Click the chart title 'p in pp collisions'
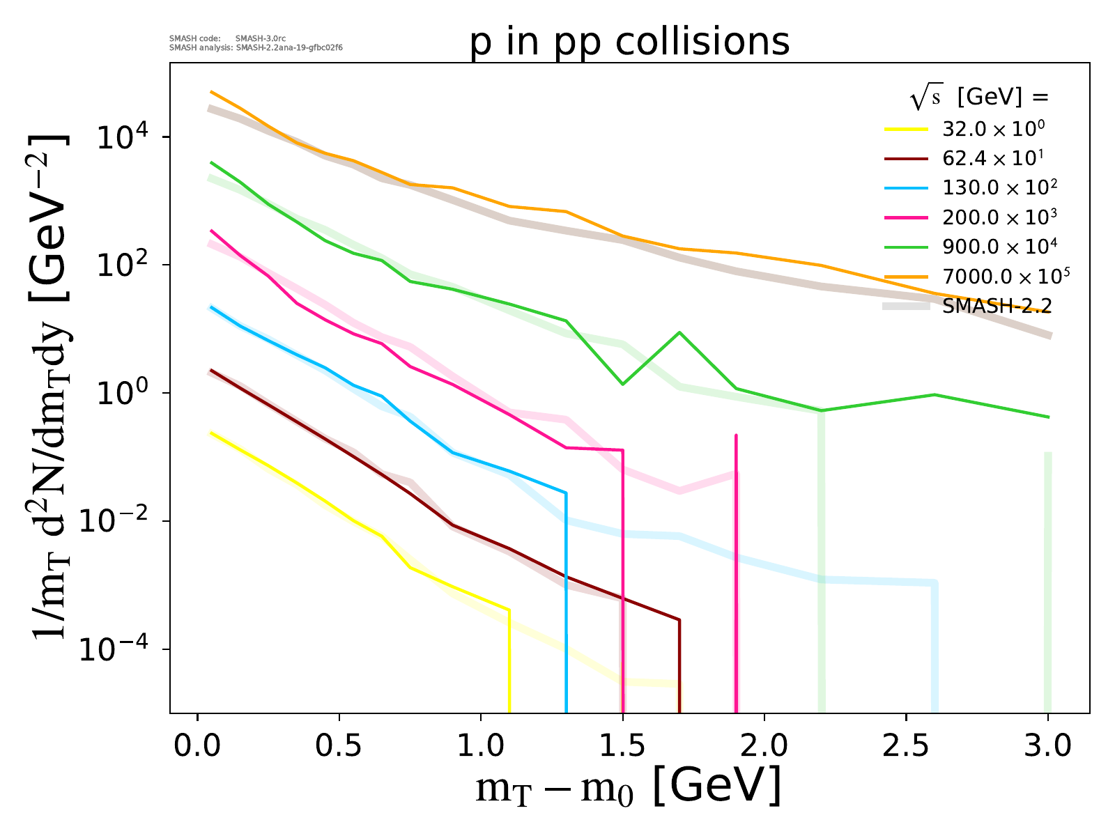(630, 42)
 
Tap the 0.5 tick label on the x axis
(339, 746)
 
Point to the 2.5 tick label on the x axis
(905, 746)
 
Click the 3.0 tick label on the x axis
(1047, 746)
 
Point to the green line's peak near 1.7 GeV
(679, 332)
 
